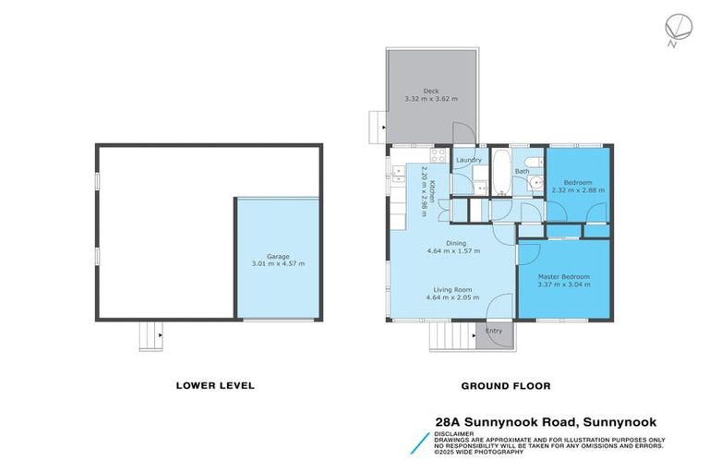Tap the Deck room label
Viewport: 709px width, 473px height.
click(430, 91)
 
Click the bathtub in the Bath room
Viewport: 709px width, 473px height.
click(499, 173)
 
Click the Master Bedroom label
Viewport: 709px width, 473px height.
click(563, 276)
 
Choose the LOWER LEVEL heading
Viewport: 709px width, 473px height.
click(215, 385)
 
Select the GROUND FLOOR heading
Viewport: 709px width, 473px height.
click(499, 385)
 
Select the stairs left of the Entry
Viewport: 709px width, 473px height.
click(452, 338)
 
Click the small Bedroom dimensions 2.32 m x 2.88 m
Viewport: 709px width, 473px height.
click(578, 190)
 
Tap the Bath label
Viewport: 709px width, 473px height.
click(523, 171)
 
